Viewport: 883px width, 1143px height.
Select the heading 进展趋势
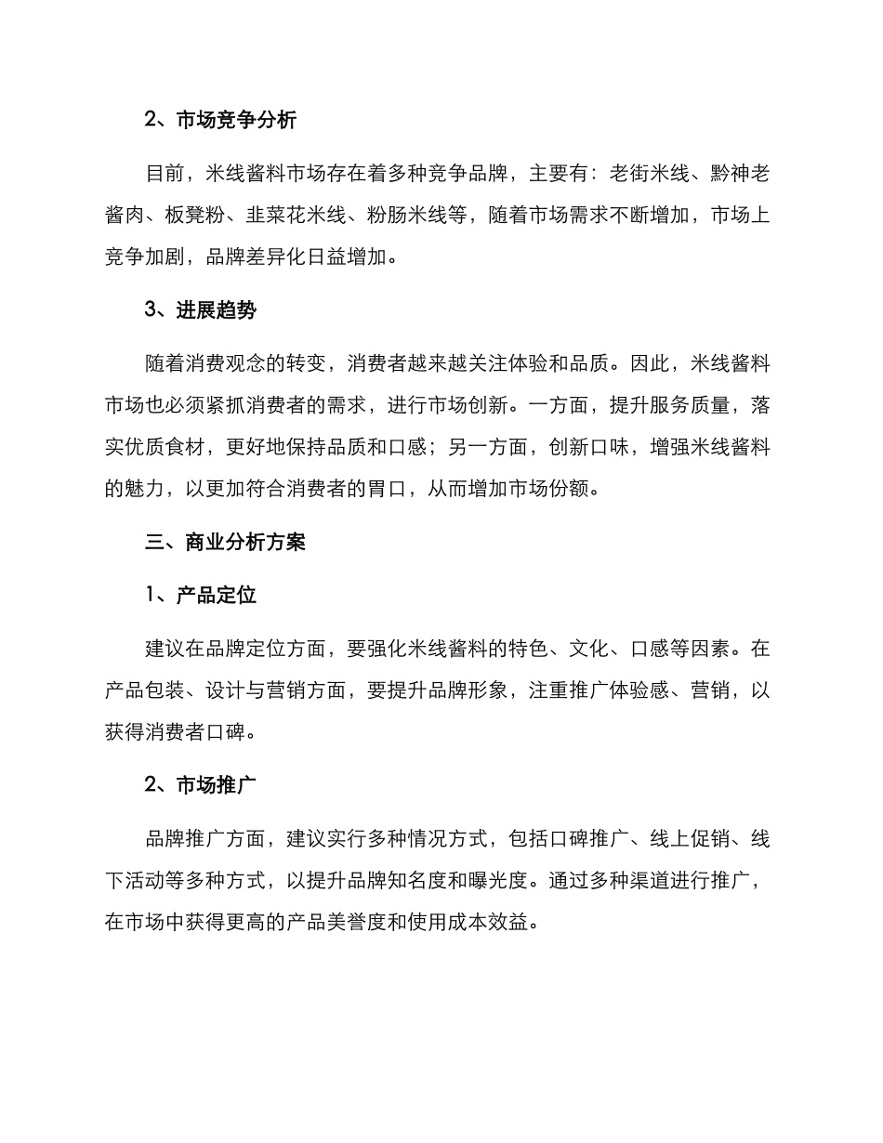[217, 310]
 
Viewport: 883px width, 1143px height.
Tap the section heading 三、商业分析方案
[225, 543]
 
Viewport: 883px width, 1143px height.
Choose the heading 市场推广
[217, 785]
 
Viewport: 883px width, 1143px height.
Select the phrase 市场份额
[547, 490]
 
